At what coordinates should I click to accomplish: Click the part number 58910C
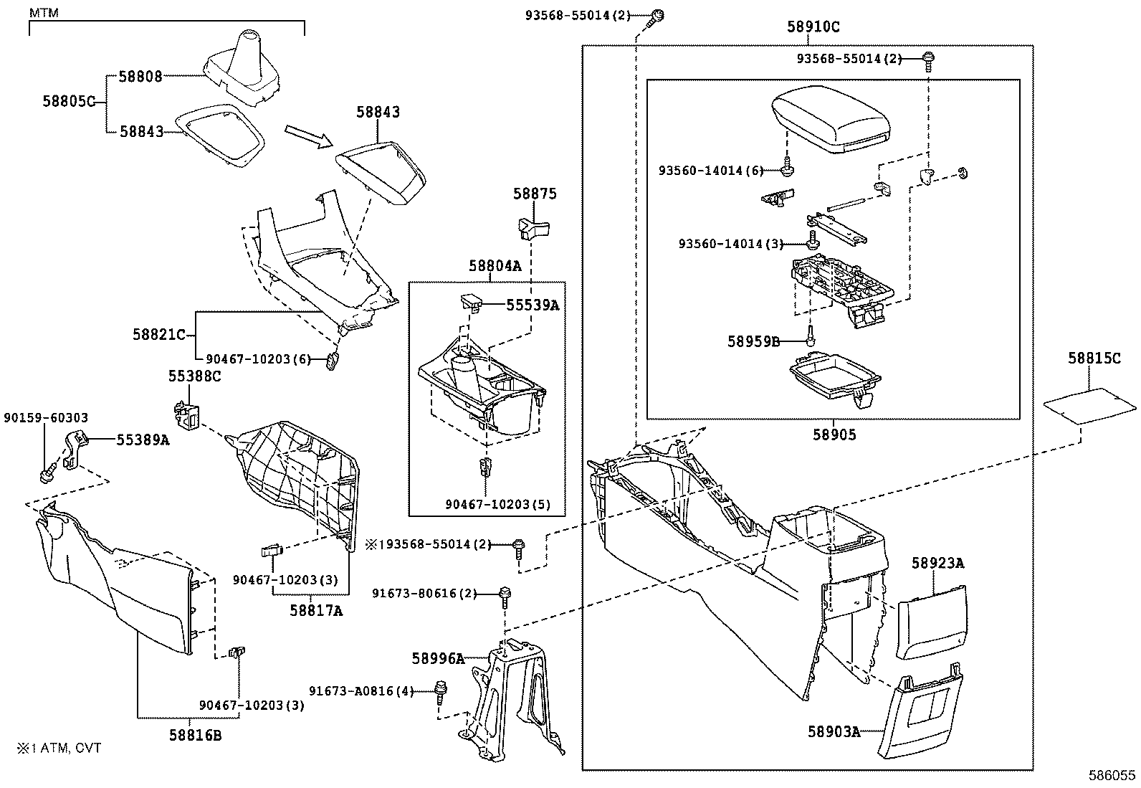813,27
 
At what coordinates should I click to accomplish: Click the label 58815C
1094,359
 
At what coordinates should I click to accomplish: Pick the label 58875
535,194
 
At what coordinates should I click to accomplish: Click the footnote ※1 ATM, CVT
59,748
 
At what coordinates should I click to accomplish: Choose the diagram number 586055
1112,775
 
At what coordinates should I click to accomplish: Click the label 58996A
439,658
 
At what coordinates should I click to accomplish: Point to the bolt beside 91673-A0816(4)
439,693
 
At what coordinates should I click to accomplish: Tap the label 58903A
834,731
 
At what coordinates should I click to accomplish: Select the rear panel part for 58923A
932,620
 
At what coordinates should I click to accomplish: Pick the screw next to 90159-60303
47,474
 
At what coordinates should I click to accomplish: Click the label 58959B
753,341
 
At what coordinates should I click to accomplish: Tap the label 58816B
196,734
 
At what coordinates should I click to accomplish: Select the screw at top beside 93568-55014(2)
659,17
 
